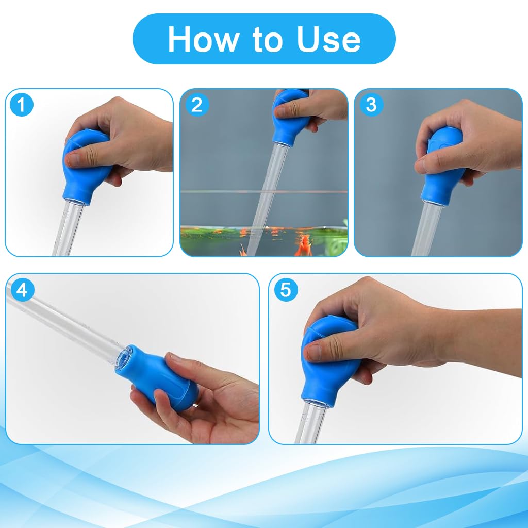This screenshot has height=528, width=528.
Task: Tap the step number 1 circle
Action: (x=22, y=105)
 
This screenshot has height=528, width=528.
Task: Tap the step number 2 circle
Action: (x=196, y=105)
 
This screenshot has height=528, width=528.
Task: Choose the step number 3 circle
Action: (x=371, y=105)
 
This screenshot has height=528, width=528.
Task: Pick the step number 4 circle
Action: (x=22, y=290)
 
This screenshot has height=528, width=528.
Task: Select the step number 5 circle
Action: (x=285, y=290)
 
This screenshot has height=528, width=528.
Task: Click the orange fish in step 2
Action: (x=304, y=244)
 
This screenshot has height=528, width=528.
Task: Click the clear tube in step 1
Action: (x=67, y=229)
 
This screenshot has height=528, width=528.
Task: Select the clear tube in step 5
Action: (x=311, y=425)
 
